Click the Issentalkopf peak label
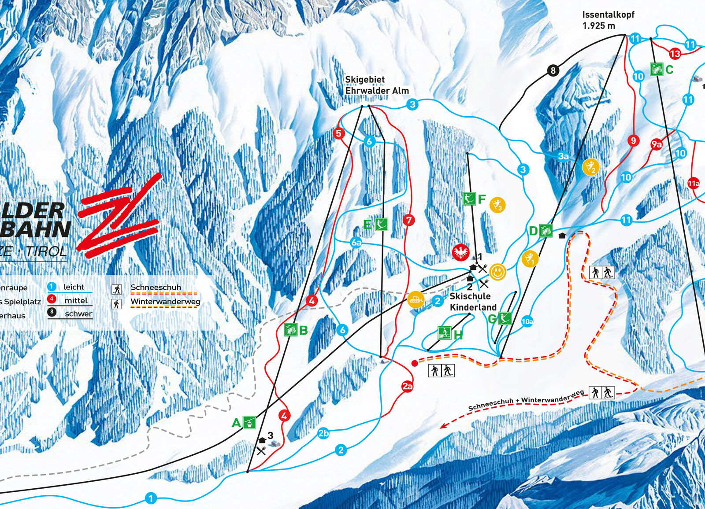[x=608, y=20]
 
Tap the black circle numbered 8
[x=553, y=70]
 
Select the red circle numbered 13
[x=675, y=54]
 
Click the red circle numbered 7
[x=409, y=220]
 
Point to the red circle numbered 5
[x=338, y=133]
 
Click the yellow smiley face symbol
[x=497, y=272]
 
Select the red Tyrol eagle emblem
[x=461, y=252]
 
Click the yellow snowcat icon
[x=416, y=300]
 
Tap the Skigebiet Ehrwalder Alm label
[x=377, y=85]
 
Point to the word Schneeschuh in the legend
[x=156, y=287]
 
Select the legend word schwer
[x=78, y=314]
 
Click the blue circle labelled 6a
[x=356, y=242]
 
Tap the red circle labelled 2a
[x=407, y=387]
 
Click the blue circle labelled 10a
[x=527, y=321]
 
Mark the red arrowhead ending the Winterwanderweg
[x=443, y=426]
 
